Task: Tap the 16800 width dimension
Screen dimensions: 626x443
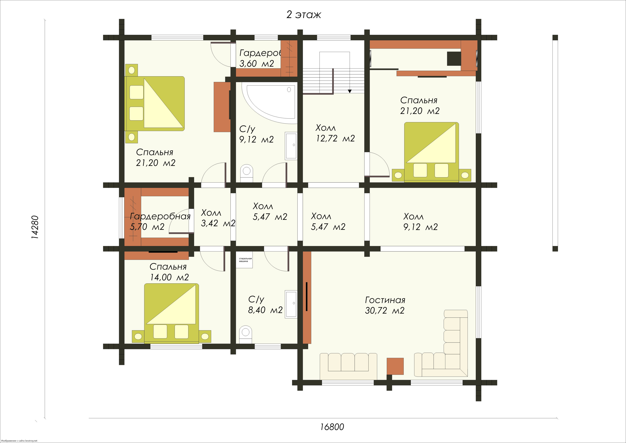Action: click(332, 427)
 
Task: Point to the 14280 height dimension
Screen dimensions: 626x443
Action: click(35, 227)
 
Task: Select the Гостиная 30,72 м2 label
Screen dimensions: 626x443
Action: click(385, 305)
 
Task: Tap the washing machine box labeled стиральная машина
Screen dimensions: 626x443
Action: click(244, 260)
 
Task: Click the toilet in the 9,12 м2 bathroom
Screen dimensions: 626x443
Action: click(247, 173)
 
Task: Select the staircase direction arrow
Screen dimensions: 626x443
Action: click(349, 91)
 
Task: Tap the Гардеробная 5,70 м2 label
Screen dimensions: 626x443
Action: click(160, 221)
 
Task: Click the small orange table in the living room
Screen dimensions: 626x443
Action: click(395, 366)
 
